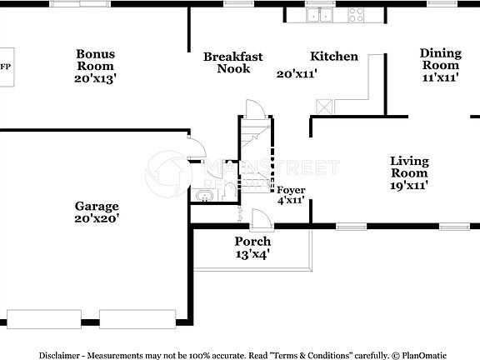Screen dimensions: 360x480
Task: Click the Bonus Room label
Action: coord(96,60)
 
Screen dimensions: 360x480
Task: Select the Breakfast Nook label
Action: coord(233,62)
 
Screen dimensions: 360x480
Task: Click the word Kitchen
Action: coord(334,57)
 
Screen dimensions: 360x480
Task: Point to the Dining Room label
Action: coord(439,58)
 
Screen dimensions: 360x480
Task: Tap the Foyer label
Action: coord(291,190)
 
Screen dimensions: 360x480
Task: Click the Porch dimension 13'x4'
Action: coord(252,253)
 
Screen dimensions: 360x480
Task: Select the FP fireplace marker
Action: coord(5,66)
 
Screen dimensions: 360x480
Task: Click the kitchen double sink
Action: coord(319,14)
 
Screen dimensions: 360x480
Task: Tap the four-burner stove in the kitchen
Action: coord(357,14)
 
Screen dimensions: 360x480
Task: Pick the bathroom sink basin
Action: coord(203,197)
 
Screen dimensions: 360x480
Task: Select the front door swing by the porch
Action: coord(260,218)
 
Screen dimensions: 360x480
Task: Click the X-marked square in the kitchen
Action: coord(323,106)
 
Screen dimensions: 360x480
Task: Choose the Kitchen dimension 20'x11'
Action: coord(296,73)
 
